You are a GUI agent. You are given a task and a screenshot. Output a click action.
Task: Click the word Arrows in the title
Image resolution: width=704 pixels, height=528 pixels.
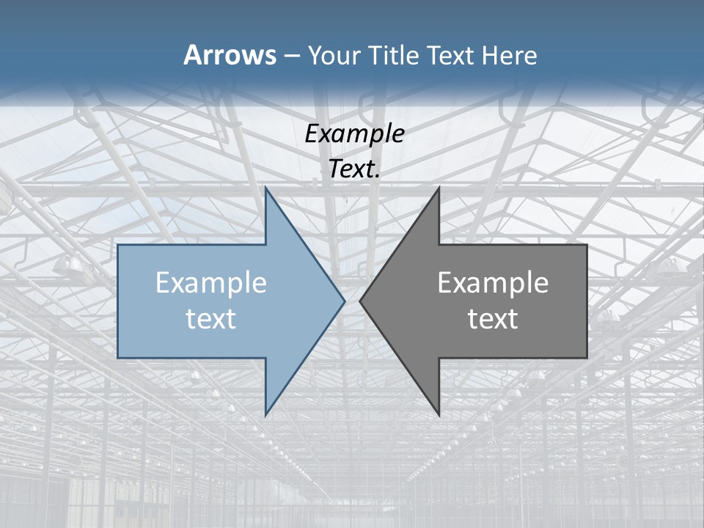[x=230, y=55]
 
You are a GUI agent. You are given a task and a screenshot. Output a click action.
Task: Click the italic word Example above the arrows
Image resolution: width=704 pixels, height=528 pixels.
[x=354, y=133]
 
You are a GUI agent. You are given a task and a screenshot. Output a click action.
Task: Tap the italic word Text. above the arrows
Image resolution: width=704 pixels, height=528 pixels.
[x=354, y=169]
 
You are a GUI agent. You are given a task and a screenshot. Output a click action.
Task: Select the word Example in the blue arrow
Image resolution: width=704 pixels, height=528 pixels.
[x=211, y=282]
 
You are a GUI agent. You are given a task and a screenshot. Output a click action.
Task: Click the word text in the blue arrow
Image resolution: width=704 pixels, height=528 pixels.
[x=211, y=318]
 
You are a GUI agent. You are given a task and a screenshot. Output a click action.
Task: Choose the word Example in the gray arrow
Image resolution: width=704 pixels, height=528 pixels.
[x=493, y=282]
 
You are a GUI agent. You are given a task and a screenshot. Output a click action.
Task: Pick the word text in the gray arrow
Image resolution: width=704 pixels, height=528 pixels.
[x=493, y=318]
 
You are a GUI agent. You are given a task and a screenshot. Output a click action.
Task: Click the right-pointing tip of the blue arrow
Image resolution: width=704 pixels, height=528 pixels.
[x=344, y=301]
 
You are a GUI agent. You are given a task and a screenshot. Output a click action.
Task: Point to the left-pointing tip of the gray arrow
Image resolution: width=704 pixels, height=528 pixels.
[x=360, y=301]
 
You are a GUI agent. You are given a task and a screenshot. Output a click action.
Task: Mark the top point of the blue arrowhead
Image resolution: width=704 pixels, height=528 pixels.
[x=265, y=188]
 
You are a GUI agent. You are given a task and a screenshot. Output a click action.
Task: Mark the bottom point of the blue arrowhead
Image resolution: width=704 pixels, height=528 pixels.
[x=265, y=414]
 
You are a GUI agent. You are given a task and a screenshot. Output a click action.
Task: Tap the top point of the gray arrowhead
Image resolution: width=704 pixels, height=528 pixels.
[x=439, y=188]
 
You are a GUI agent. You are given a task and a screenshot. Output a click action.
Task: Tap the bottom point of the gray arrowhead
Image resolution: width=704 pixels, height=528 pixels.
[x=439, y=414]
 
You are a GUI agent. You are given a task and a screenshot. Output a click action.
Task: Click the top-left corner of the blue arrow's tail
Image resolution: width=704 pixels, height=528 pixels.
[x=118, y=245]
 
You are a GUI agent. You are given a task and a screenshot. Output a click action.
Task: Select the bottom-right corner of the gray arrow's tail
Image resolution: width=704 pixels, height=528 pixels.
[x=587, y=357]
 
